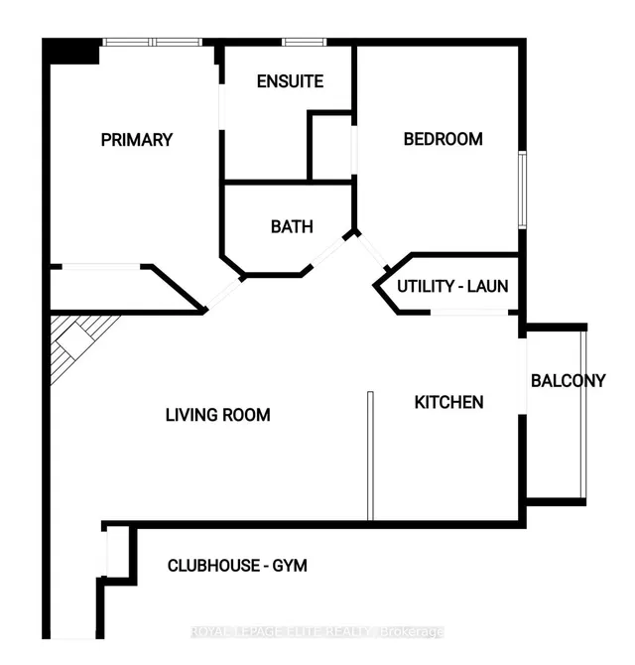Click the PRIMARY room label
coord(137,140)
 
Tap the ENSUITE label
coord(290,81)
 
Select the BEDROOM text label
coord(443,139)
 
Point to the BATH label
coord(292,227)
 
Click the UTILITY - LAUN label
coord(452,286)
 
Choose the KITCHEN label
coord(448,402)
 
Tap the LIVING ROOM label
coord(218,415)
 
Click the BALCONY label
coord(568,381)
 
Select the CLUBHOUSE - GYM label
coord(237,566)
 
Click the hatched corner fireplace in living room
coord(76,341)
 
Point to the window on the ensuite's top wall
coord(304,42)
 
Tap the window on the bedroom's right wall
coord(523,190)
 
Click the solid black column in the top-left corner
coord(71,52)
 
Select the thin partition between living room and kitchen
coord(370,456)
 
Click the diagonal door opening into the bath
coord(329,251)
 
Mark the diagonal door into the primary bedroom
coord(224,294)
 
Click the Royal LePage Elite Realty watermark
coord(317,631)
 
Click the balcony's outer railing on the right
coord(583,414)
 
